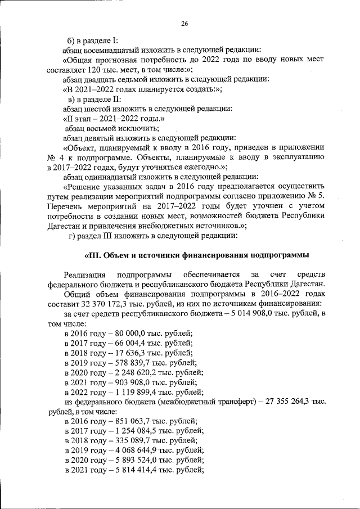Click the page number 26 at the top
(184, 23)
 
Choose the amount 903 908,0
(128, 382)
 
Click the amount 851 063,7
(128, 421)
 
